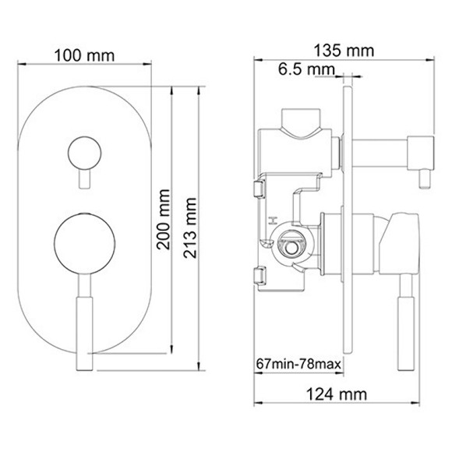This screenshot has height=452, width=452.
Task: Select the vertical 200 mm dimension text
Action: tap(163, 220)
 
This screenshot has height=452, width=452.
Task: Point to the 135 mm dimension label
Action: tap(344, 51)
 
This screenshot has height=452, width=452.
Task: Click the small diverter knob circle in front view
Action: tap(83, 152)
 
